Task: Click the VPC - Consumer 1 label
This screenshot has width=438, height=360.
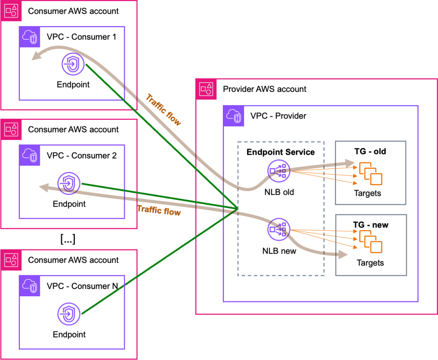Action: coord(81,37)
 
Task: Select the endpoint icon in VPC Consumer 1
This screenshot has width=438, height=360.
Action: coord(73,65)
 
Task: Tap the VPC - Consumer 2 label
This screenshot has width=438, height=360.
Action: coord(81,156)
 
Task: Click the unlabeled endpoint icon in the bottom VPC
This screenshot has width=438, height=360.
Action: coord(69,315)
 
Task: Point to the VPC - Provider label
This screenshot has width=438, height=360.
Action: coord(278,116)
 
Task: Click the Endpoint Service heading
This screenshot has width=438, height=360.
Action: coord(281,152)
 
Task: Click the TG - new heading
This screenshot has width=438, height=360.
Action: coord(370,225)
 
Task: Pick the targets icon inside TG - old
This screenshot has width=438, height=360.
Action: coord(370,173)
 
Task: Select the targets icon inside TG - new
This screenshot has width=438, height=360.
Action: coord(370,242)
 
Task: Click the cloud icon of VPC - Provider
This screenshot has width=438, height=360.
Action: coord(234,116)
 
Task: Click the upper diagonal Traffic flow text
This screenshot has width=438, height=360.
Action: coord(163,110)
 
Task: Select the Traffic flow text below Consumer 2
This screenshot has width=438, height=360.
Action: coord(159,211)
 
